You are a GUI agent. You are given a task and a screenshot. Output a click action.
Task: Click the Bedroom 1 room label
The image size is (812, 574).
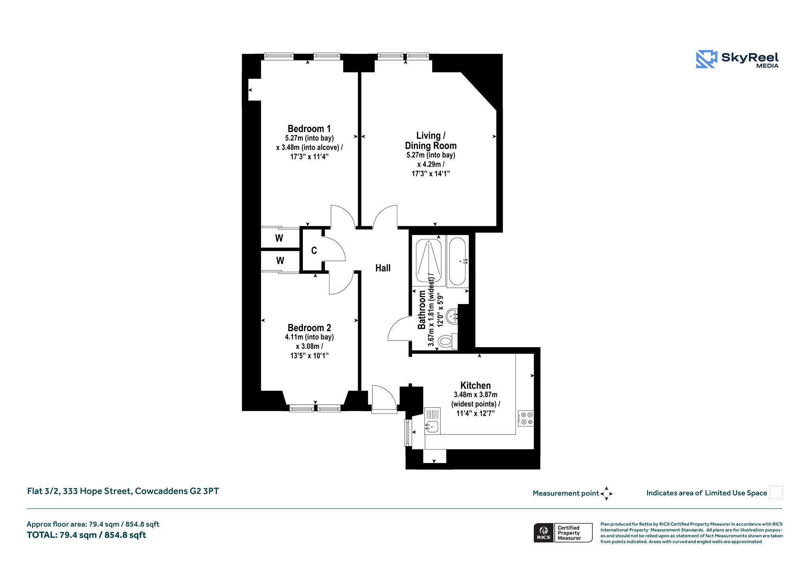[x=309, y=129]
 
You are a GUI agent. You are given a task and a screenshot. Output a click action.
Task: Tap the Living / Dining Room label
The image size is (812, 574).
[x=431, y=141]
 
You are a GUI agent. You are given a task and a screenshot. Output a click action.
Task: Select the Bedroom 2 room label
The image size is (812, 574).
[x=309, y=328]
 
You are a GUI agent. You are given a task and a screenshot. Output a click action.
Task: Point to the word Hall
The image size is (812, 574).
[x=383, y=268]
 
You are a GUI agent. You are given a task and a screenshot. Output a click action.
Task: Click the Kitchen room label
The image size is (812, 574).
[x=475, y=385]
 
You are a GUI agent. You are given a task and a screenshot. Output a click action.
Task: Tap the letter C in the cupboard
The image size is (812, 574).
[x=314, y=251]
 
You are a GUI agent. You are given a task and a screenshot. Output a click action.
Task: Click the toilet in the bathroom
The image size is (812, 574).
[x=448, y=341]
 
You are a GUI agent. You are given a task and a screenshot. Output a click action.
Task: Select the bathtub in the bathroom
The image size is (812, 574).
[x=458, y=261]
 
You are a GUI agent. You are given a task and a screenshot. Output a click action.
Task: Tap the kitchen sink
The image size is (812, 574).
[x=432, y=421]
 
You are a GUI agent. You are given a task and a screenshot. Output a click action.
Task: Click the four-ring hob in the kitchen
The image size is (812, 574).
[x=526, y=418]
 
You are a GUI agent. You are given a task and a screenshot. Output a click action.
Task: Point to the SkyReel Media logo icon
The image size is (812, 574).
[x=707, y=59]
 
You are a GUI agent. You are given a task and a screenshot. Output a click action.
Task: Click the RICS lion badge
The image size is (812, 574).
[x=544, y=533]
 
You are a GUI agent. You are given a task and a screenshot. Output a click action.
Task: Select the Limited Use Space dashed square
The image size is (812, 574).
[x=776, y=492]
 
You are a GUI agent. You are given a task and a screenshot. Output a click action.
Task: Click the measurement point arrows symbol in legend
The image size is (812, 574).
[x=606, y=494]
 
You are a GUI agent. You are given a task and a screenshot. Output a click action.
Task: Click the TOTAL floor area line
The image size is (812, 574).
[x=86, y=535]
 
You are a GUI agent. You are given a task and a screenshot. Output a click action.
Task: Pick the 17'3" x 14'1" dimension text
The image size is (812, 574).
[x=431, y=174]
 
